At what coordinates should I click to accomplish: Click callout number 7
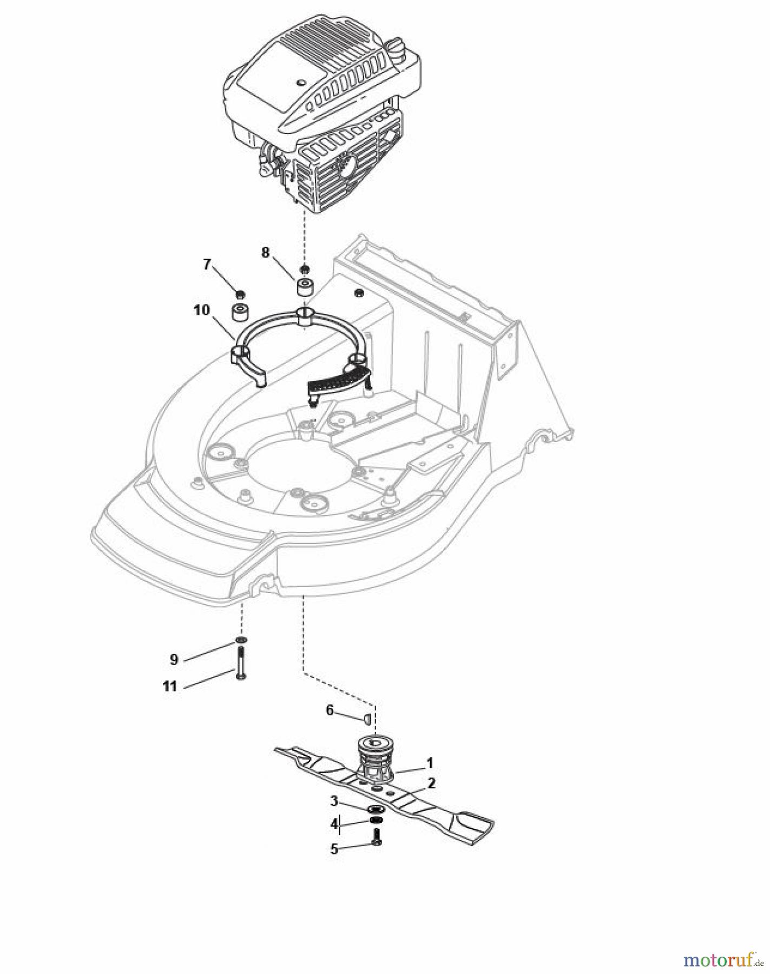click(207, 265)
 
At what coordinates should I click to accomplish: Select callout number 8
click(265, 253)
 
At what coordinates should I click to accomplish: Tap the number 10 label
click(201, 310)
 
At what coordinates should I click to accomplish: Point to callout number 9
click(173, 659)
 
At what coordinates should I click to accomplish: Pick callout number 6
click(330, 710)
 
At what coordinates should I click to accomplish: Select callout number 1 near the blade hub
click(430, 763)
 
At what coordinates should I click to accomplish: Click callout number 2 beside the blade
click(431, 782)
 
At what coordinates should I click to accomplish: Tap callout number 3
click(334, 801)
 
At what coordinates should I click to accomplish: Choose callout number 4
click(334, 824)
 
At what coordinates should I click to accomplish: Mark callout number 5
click(334, 848)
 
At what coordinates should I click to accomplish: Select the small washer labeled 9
click(241, 641)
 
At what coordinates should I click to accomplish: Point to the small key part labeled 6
click(365, 719)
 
